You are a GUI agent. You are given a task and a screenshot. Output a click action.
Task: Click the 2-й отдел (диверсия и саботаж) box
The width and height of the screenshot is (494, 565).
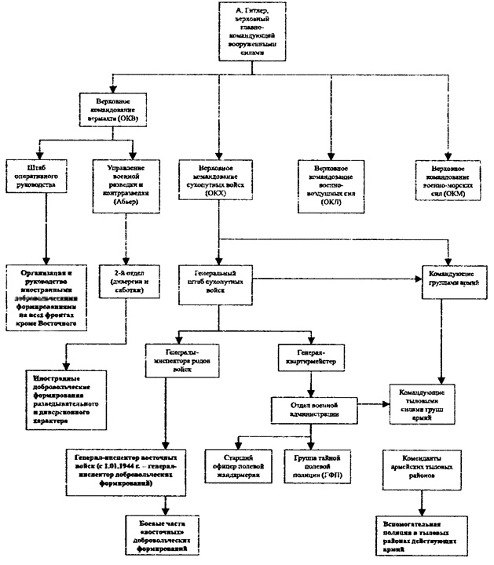[x=129, y=282]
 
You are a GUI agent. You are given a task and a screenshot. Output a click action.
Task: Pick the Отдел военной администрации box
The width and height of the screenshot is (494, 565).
[x=312, y=408]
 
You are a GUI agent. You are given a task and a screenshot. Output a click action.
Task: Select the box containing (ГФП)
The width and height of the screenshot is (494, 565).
[x=312, y=468]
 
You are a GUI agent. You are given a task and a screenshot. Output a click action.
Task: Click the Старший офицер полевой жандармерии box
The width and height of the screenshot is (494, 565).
[x=238, y=468]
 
